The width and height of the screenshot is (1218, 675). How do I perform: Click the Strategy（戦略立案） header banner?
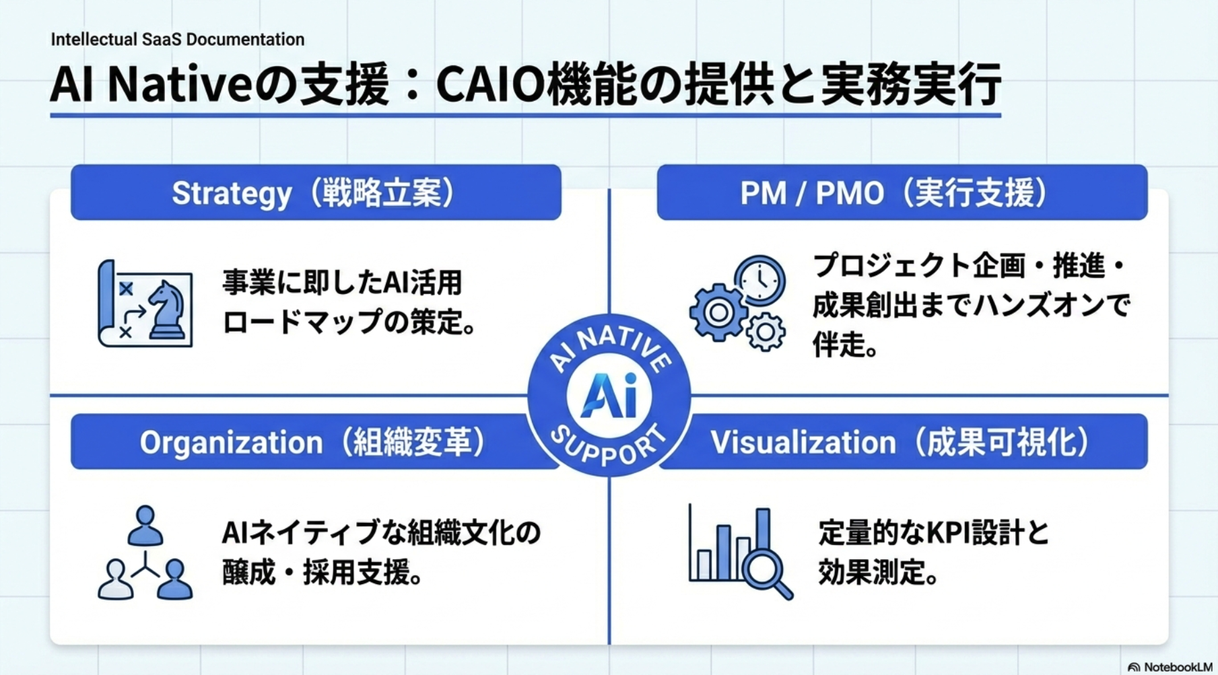315,192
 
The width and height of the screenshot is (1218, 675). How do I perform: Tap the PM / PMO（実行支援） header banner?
901,192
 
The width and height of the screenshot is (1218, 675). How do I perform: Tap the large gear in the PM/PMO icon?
718,312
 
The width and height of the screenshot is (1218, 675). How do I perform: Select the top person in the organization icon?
145,526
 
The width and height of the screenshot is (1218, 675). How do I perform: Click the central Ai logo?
609,396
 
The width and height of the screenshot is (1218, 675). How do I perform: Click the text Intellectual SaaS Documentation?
178,39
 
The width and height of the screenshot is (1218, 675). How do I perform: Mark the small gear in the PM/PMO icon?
766,332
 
